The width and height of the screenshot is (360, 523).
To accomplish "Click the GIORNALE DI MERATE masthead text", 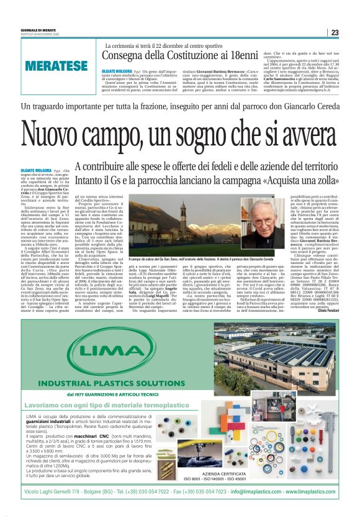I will pos(38,30).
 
